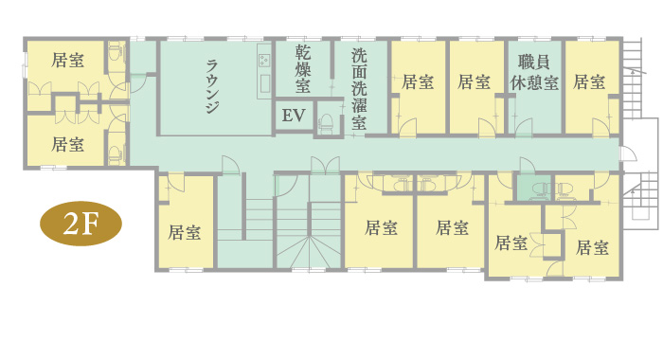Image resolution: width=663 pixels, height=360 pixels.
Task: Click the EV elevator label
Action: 294,115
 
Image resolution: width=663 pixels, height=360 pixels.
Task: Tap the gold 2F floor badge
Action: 81,224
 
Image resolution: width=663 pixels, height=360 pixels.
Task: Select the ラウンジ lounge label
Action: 212,87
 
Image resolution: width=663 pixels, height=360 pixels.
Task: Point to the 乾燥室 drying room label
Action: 303,69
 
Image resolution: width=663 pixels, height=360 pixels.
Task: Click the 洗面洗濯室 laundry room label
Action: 359,89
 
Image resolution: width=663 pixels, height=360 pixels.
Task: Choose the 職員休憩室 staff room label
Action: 534,73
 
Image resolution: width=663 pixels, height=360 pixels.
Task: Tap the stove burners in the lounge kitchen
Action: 264,61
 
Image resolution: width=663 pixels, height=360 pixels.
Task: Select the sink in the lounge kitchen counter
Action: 265,83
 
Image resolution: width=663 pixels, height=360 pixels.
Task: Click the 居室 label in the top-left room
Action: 67,60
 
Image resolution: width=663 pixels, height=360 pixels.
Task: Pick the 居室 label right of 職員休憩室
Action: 589,81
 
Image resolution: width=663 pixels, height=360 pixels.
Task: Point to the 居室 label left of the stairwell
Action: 185,232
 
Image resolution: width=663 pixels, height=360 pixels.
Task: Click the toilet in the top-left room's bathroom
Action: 115,52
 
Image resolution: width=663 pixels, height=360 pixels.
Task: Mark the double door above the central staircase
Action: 325,166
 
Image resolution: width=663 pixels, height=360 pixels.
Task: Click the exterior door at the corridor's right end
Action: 628,153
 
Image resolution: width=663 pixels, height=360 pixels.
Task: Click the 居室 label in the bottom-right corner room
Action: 592,247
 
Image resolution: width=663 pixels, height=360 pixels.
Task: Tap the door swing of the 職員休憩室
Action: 524,127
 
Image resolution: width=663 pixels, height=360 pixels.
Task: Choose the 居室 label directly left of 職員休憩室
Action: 474,81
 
